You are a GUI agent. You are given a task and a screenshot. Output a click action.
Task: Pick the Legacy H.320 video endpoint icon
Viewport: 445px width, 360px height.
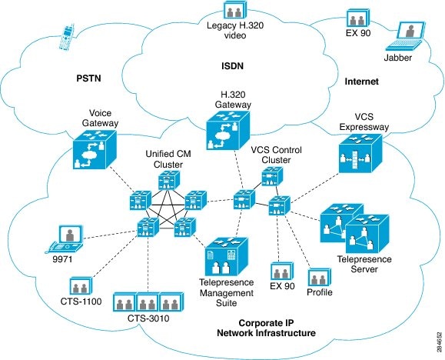click(x=235, y=11)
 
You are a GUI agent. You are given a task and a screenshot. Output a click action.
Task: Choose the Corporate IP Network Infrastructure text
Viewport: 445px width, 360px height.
click(x=277, y=328)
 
